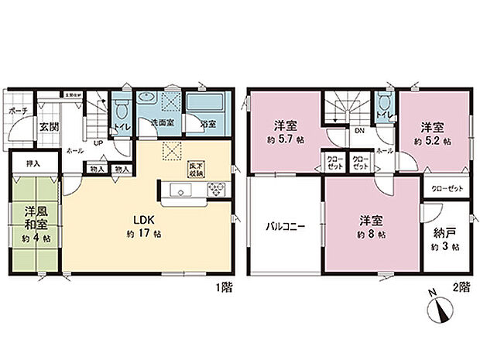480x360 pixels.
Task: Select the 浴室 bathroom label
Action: [208, 124]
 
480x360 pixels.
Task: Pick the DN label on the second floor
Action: [359, 131]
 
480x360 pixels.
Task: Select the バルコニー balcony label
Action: [286, 228]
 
